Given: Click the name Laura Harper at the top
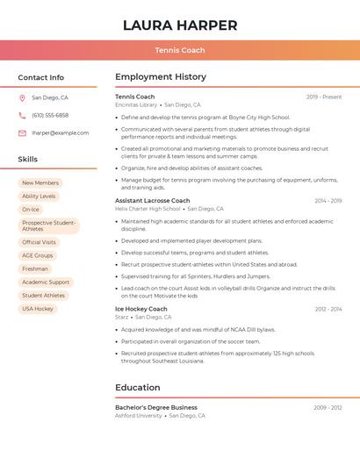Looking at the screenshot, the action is tap(180, 25).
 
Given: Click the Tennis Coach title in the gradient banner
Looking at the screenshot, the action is tap(180, 50).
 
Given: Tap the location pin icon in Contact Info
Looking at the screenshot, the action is tap(22, 97).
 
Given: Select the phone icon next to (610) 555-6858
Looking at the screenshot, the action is tap(22, 115).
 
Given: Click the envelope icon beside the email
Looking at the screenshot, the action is tap(22, 133).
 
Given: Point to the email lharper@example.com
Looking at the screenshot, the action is tap(60, 133).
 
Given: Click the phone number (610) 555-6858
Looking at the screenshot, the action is tap(50, 115).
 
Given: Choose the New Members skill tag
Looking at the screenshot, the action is tap(40, 182).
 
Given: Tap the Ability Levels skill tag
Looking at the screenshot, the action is tap(39, 197).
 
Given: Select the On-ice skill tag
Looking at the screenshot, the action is tap(31, 210).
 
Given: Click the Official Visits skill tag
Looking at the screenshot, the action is tap(39, 242).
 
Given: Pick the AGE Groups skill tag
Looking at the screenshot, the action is tap(38, 255).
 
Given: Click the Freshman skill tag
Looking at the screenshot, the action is tap(35, 268).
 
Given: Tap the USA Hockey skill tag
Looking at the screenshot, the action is tap(38, 309).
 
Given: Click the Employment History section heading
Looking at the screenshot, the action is tap(161, 77).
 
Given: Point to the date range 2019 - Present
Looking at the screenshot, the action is tap(324, 97).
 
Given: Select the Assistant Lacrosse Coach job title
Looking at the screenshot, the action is tap(152, 201).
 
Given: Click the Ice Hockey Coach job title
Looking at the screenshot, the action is tap(140, 309).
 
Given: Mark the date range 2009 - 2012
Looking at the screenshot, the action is tap(328, 408).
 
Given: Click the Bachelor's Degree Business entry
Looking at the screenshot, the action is tap(155, 408).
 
